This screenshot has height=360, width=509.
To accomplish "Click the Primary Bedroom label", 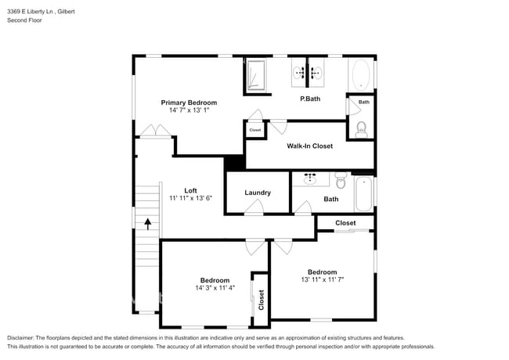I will (x=189, y=103).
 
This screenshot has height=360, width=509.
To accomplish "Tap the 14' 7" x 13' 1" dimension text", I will (x=189, y=110).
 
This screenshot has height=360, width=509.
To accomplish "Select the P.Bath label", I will (x=310, y=99).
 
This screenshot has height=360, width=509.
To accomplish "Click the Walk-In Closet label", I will (x=309, y=146).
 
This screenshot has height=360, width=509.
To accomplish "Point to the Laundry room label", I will (x=258, y=193).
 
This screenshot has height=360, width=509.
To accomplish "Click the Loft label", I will (x=190, y=190).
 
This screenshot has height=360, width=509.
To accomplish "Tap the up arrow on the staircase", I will (x=147, y=223).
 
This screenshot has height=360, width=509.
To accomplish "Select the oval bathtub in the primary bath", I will (x=361, y=75).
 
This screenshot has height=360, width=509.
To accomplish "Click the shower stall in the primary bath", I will (x=256, y=75).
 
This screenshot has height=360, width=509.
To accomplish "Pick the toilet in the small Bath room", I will (x=361, y=129).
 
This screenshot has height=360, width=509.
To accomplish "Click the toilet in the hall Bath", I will (x=340, y=182).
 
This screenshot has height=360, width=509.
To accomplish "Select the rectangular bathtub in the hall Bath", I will (x=364, y=194).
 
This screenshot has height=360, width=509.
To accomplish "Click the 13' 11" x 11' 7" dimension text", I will (x=322, y=279).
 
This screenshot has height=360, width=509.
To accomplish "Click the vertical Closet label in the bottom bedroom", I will (x=262, y=298).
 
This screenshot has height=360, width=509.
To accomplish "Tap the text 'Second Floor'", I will (x=24, y=20).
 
